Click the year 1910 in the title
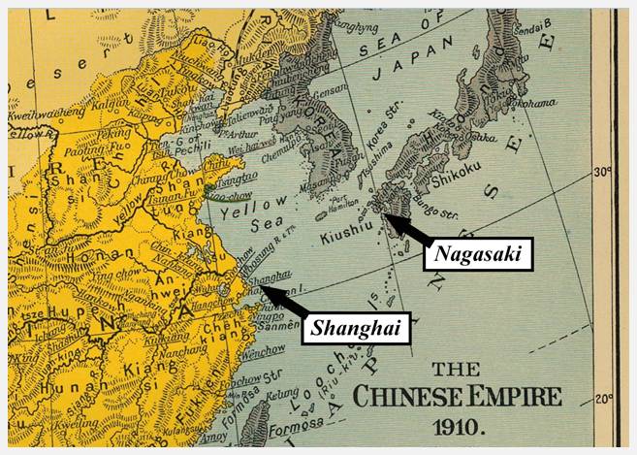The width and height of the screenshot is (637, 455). click(458, 425)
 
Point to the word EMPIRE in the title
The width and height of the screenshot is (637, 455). click(509, 397)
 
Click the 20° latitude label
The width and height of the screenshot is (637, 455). click(602, 398)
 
